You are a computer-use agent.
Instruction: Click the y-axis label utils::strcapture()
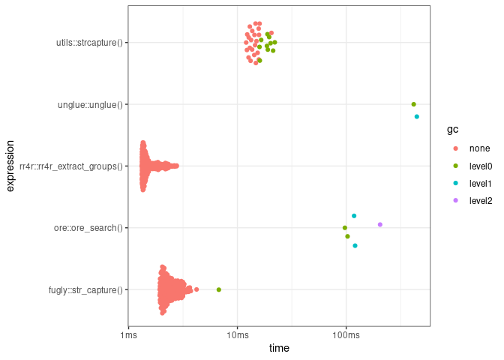point(89,42)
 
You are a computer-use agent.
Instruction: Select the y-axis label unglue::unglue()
point(90,104)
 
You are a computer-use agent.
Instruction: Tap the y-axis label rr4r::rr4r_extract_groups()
point(71,166)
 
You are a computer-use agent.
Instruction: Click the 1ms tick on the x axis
point(129,334)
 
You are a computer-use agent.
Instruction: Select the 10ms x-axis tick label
point(238,334)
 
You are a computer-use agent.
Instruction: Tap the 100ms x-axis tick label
point(346,334)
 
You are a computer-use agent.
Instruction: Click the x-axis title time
point(279,349)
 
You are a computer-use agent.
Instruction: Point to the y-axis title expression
point(10,166)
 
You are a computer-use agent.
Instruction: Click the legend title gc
point(452,130)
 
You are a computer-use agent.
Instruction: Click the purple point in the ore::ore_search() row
point(380,224)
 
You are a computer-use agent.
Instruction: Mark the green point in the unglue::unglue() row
point(413,104)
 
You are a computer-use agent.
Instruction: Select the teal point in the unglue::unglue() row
point(417,116)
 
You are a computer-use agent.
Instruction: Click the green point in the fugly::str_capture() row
point(219,289)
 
